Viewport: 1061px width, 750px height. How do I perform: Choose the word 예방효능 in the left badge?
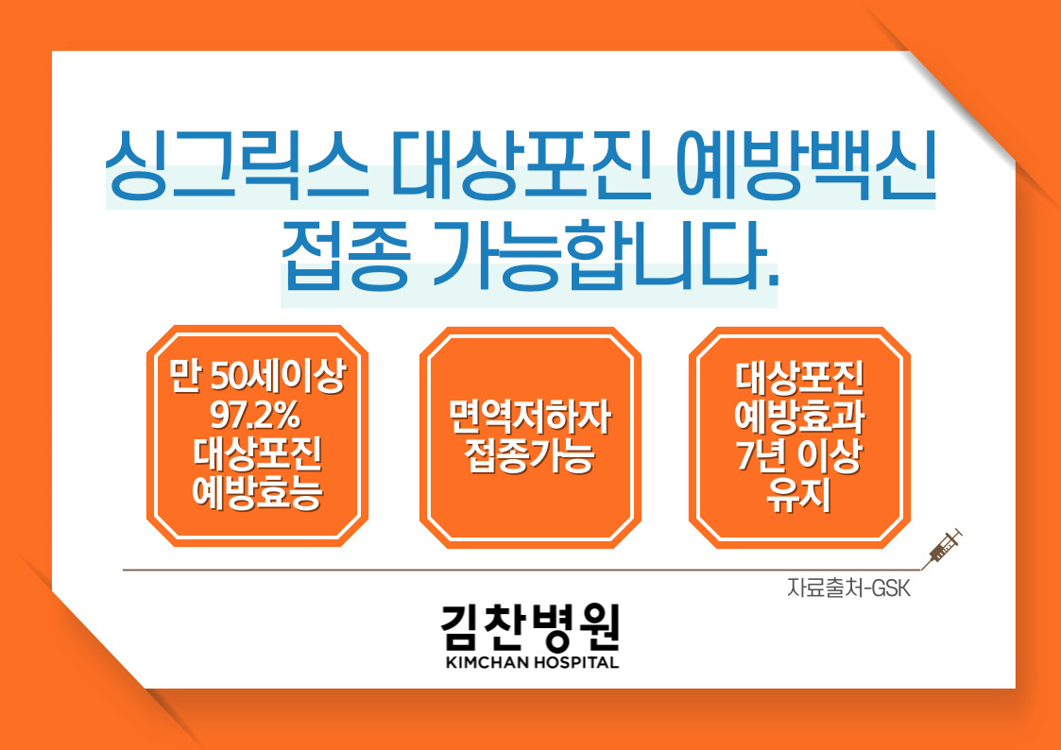click(x=257, y=492)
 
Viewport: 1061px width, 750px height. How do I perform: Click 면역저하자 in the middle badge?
click(x=530, y=418)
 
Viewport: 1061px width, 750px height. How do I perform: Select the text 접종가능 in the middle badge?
click(x=530, y=456)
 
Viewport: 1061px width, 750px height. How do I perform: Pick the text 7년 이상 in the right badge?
click(x=798, y=456)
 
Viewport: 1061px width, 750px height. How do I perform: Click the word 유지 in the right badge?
click(x=798, y=494)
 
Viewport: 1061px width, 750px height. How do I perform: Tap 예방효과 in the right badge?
click(x=799, y=418)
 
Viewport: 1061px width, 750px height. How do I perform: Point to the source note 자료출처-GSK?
click(x=849, y=588)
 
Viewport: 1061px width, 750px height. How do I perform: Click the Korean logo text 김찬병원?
click(x=531, y=627)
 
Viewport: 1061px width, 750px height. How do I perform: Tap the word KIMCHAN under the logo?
click(x=488, y=662)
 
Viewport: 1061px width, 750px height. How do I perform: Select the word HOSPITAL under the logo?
click(x=576, y=662)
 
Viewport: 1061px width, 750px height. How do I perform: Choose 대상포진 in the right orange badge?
click(x=799, y=378)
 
